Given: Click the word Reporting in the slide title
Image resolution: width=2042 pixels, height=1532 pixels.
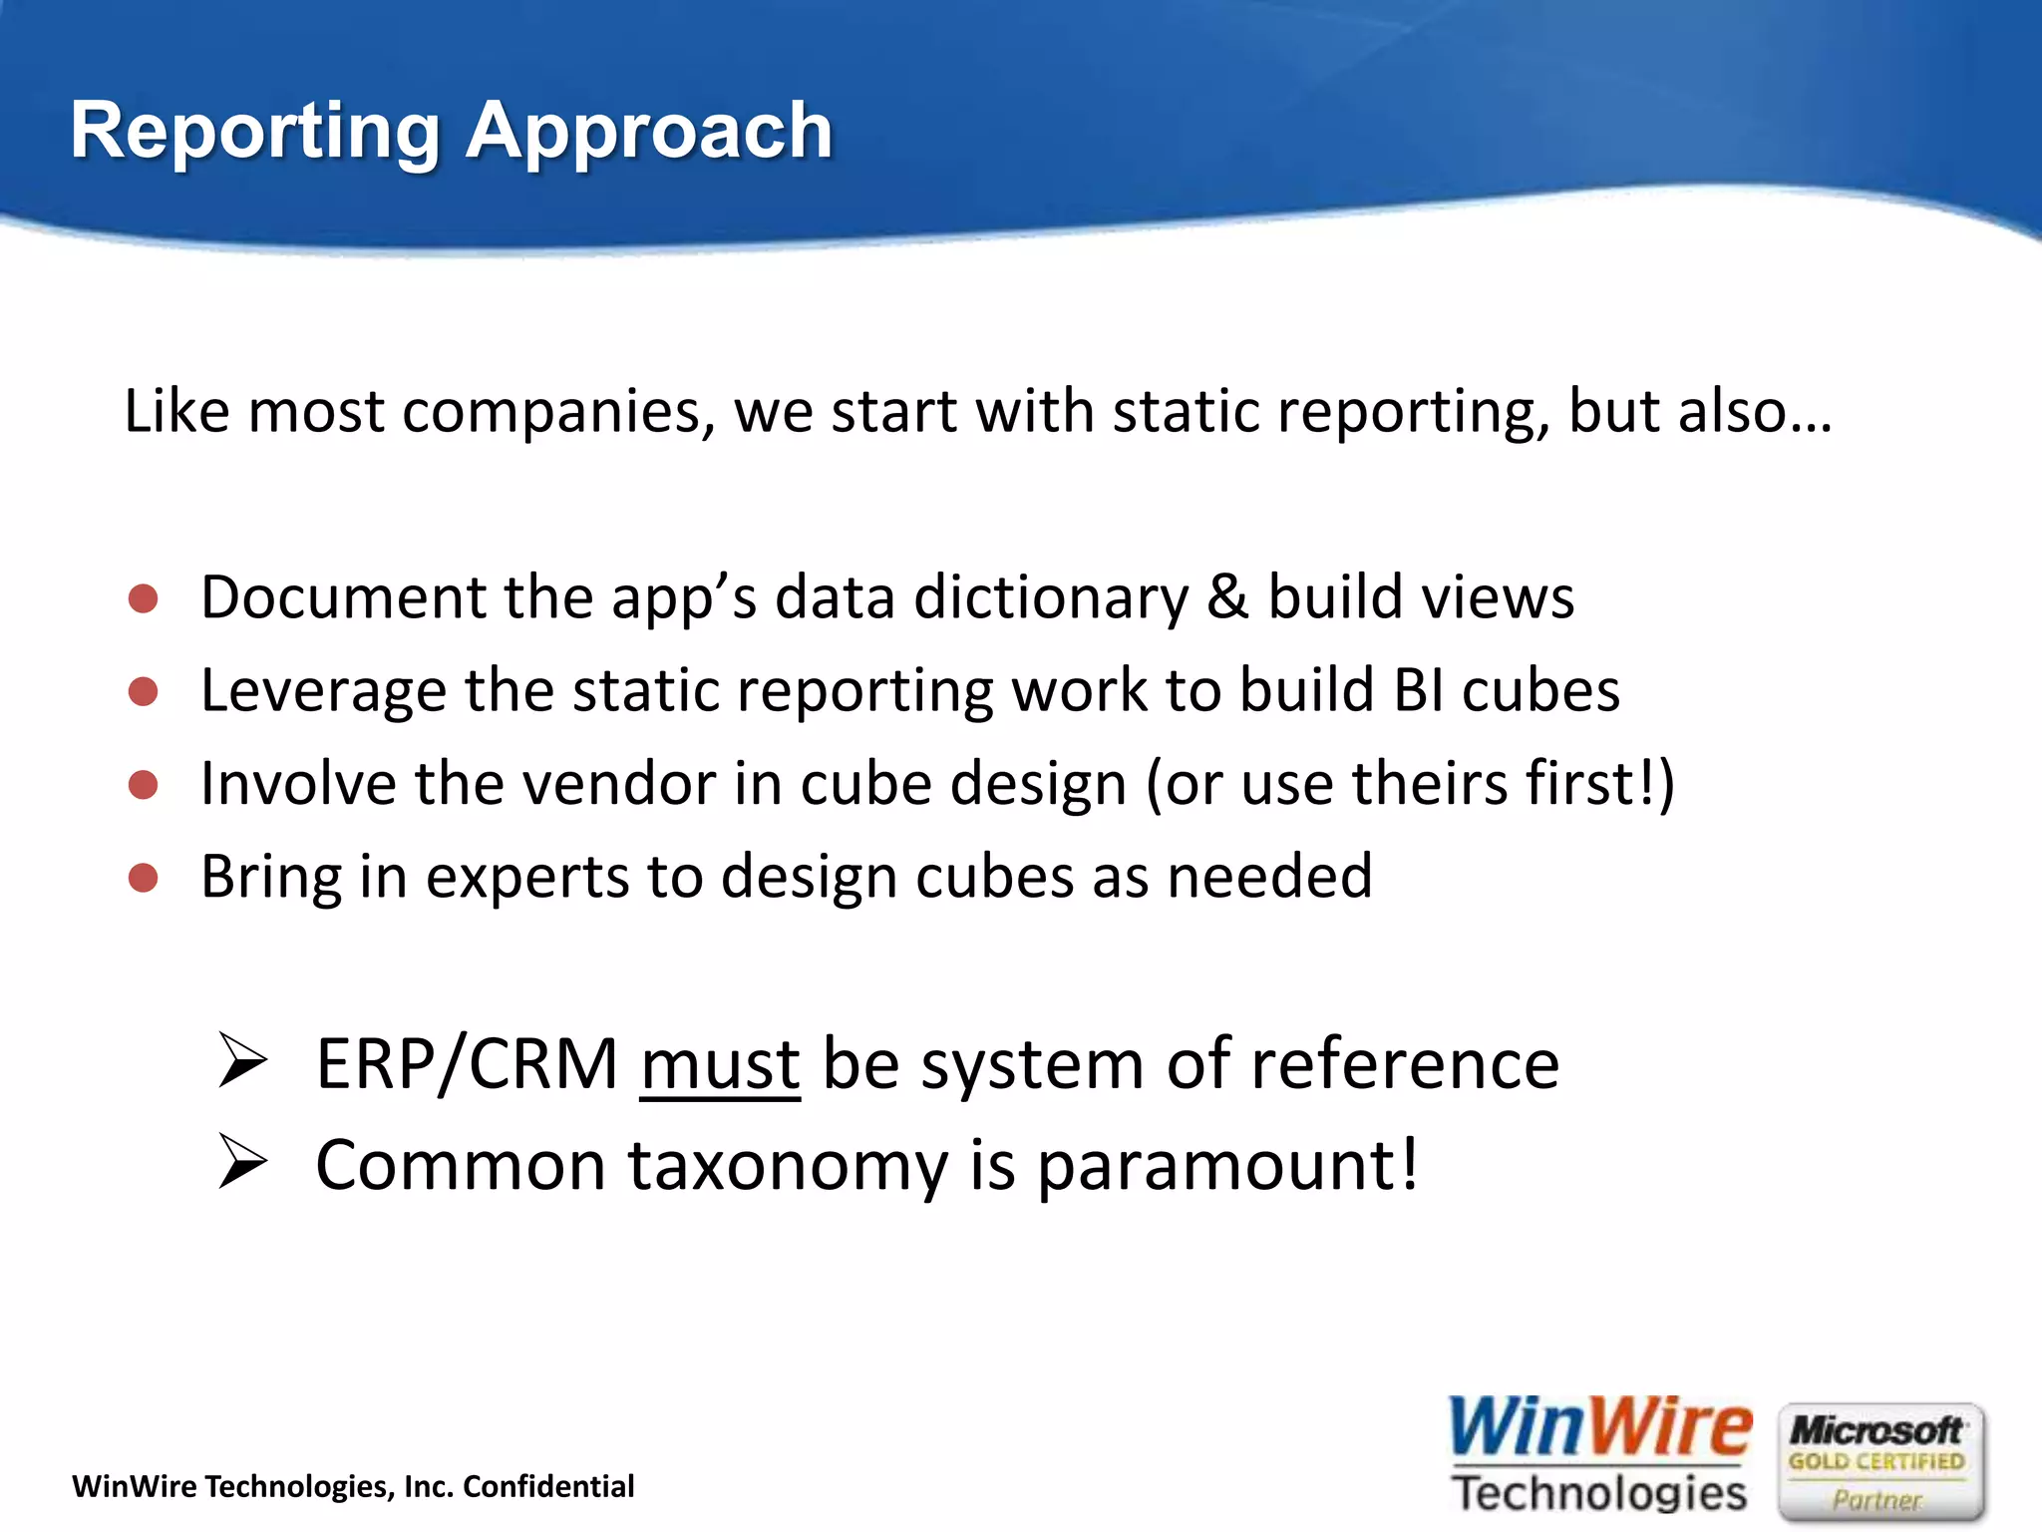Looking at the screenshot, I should tap(255, 132).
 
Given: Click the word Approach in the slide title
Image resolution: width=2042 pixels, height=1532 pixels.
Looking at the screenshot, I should tap(649, 132).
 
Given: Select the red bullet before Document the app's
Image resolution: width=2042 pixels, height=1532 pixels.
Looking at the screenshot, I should tap(144, 598).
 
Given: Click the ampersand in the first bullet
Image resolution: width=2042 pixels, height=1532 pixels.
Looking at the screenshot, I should tap(1227, 596).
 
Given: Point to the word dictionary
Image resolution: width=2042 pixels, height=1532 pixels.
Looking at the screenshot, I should tap(1051, 598).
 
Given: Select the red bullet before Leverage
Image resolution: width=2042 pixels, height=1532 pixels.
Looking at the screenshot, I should tap(144, 691).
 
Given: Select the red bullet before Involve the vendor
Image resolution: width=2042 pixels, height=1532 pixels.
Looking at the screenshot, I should tap(144, 785).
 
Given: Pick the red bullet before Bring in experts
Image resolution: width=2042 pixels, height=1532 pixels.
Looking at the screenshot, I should tap(144, 878).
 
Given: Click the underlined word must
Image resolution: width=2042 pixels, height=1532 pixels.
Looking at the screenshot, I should tap(720, 1065).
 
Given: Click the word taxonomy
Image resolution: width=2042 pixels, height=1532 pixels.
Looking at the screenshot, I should tap(788, 1167).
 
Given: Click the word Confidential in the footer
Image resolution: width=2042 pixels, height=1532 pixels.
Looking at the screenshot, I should tap(548, 1487).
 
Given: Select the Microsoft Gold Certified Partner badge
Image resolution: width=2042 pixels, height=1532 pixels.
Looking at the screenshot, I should tap(1878, 1462).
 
